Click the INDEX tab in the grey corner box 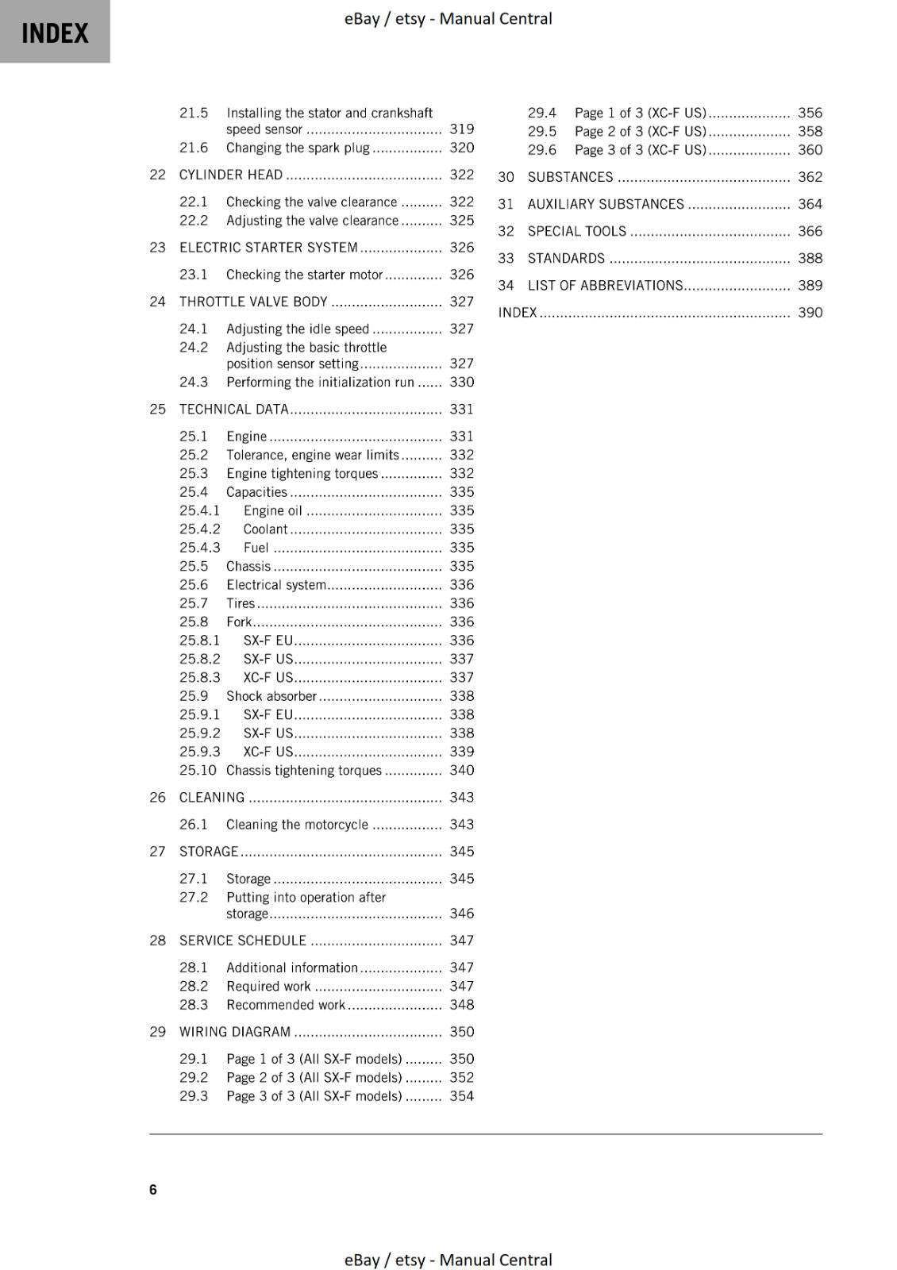pyautogui.click(x=55, y=33)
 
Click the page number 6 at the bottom pyautogui.click(x=152, y=1189)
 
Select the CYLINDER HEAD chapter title pyautogui.click(x=230, y=175)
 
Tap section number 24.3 pyautogui.click(x=193, y=382)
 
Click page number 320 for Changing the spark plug pyautogui.click(x=461, y=148)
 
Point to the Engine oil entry pyautogui.click(x=272, y=510)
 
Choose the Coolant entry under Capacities pyautogui.click(x=265, y=529)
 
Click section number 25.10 pyautogui.click(x=197, y=770)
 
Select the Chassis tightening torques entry pyautogui.click(x=303, y=770)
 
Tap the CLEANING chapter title pyautogui.click(x=212, y=797)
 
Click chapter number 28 pyautogui.click(x=157, y=941)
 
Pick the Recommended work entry pyautogui.click(x=285, y=1004)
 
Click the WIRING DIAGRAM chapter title pyautogui.click(x=235, y=1032)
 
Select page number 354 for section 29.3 pyautogui.click(x=461, y=1095)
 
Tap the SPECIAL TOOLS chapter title pyautogui.click(x=576, y=231)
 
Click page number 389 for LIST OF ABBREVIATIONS pyautogui.click(x=810, y=285)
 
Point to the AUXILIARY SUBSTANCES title pyautogui.click(x=605, y=204)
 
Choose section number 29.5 pyautogui.click(x=541, y=131)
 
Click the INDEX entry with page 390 pyautogui.click(x=518, y=312)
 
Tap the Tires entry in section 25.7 pyautogui.click(x=241, y=603)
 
